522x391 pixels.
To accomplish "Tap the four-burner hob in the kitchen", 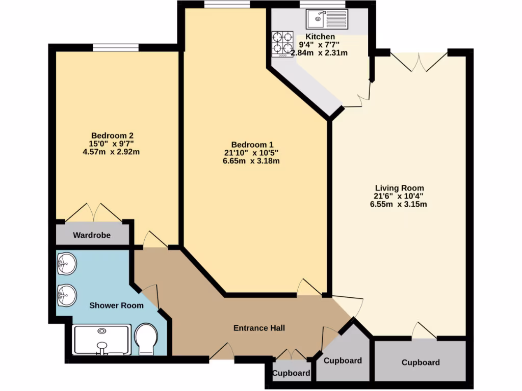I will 282,44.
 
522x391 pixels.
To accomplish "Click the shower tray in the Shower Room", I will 102,340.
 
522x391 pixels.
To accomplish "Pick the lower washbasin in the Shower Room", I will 66,294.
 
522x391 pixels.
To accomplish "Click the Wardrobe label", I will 91,235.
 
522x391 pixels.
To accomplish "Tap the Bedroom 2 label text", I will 112,135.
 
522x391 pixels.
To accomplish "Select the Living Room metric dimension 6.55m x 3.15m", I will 399,205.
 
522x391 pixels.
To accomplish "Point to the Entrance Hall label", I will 259,328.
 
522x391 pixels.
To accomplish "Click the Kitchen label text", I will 320,37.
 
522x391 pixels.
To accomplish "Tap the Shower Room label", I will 116,305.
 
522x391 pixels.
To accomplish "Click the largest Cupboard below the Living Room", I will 421,362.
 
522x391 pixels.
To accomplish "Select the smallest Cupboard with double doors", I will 291,373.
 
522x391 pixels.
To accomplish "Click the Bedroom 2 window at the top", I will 116,48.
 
